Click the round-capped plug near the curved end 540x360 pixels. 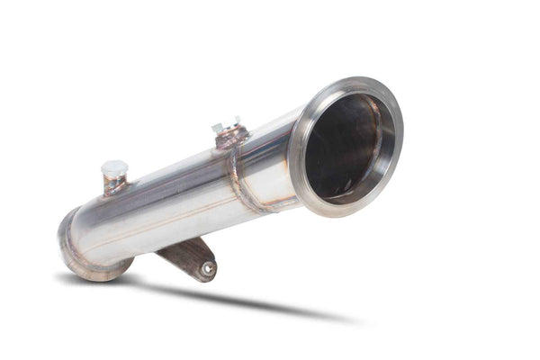pyautogui.click(x=114, y=171)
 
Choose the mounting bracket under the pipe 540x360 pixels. pyautogui.click(x=191, y=256)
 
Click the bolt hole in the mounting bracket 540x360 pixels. pyautogui.click(x=207, y=267)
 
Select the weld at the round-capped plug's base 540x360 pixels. pyautogui.click(x=114, y=187)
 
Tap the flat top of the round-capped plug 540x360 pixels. pyautogui.click(x=114, y=166)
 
